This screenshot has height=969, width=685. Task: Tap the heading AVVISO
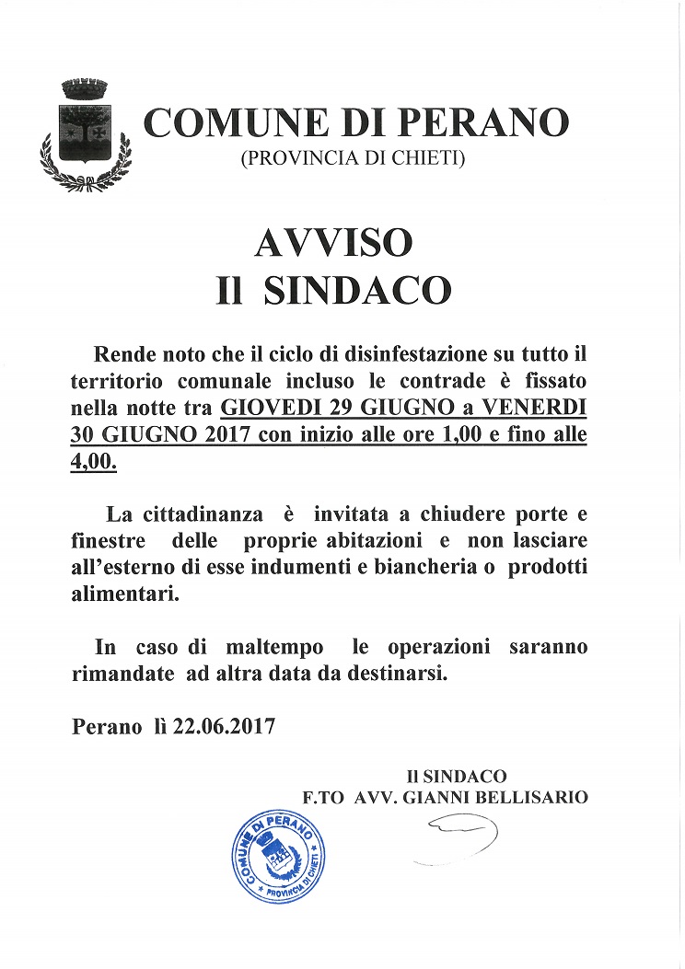(x=332, y=243)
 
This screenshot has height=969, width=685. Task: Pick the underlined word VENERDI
(x=540, y=406)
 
